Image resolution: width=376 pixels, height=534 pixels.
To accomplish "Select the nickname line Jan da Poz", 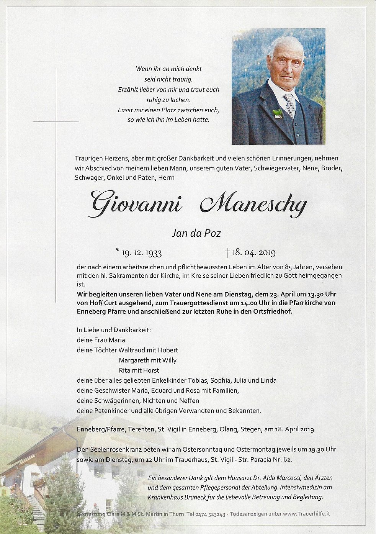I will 196,233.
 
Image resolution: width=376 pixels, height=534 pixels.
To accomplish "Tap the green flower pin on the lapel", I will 277,113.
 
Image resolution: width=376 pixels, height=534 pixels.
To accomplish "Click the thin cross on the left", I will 56,122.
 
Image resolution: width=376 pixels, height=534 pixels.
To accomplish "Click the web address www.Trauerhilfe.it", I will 306,514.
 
